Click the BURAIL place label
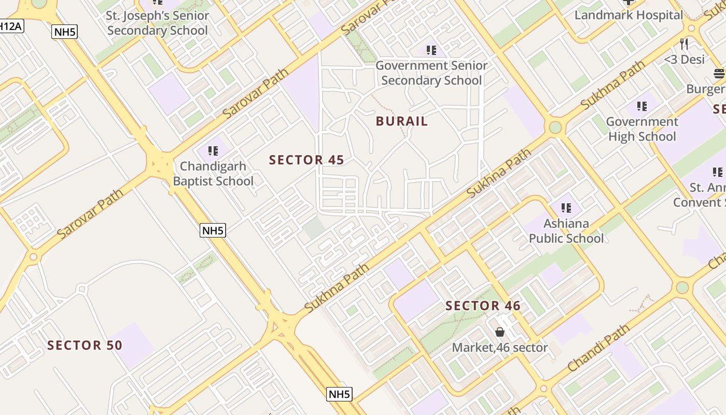point(402,121)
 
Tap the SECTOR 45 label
point(306,160)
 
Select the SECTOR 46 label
point(483,306)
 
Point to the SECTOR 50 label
point(85,345)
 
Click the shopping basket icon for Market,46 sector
point(500,332)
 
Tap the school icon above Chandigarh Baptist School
point(213,151)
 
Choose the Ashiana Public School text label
point(566,231)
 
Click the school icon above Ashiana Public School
point(566,208)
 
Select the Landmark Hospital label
point(629,15)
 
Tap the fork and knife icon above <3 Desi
point(684,44)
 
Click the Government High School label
point(642,129)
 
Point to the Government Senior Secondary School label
point(431,73)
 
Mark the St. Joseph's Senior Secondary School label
point(157,23)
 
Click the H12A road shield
point(10,26)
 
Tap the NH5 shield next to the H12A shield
point(65,32)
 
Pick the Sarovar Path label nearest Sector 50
point(90,213)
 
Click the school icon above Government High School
point(642,106)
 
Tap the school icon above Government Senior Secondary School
point(431,50)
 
